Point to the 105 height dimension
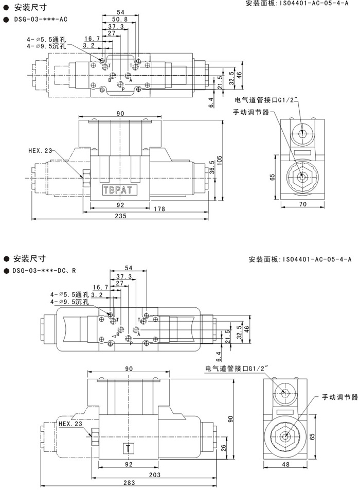tap(220, 161)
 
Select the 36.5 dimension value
tap(212, 168)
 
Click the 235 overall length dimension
tap(120, 217)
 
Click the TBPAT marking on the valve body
tap(118, 189)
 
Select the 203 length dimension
tap(154, 474)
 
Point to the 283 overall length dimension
tap(130, 483)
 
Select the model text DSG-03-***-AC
tap(39, 19)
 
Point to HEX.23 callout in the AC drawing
tap(40, 151)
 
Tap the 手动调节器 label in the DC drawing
tap(339, 397)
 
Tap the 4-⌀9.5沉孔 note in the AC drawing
tap(47, 45)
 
